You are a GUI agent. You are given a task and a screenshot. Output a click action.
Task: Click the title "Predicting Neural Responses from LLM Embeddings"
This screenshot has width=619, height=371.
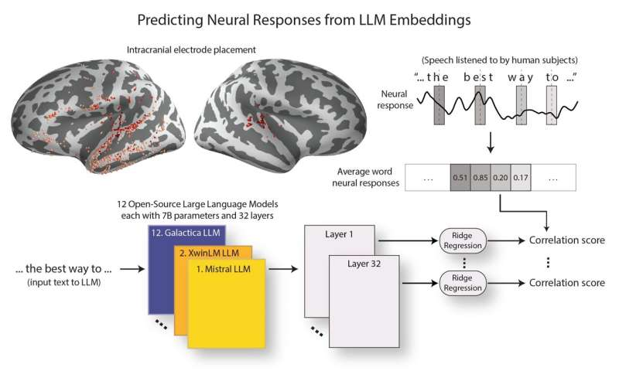coord(309,18)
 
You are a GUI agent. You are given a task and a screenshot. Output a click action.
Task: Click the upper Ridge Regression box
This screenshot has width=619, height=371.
coord(460,240)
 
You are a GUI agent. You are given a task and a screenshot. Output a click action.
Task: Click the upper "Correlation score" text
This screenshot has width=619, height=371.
coord(566,240)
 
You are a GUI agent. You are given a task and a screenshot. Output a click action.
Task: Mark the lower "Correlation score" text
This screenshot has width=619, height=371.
coord(566,283)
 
